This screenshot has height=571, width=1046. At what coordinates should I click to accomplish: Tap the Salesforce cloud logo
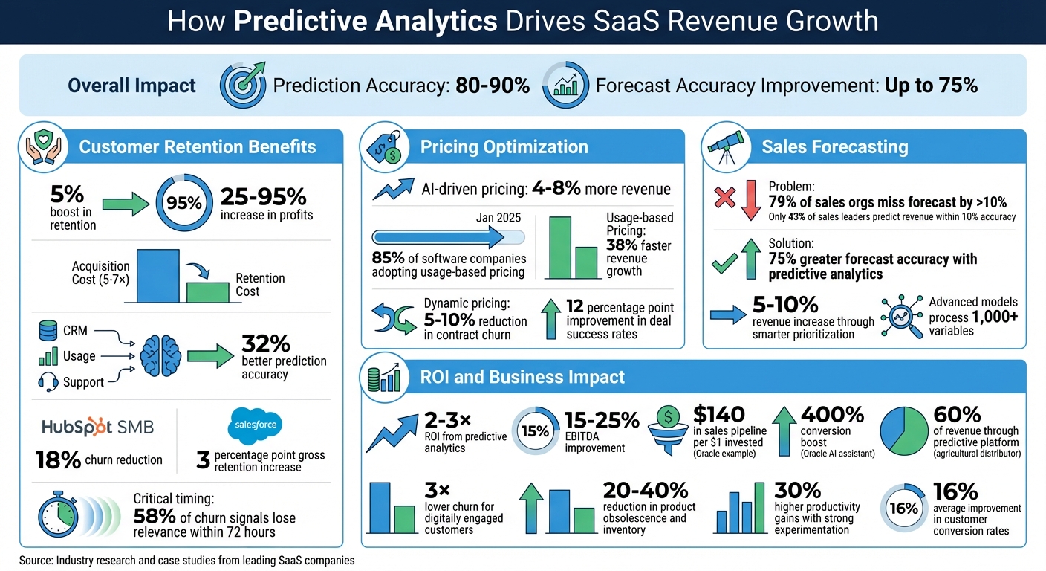coord(255,425)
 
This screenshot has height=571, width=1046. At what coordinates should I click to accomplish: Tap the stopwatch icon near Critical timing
coord(58,514)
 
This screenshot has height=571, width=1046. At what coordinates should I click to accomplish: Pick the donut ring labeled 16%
coord(903,509)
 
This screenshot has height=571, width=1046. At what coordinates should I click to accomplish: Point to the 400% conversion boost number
coord(832,414)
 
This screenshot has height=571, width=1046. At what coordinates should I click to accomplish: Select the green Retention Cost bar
coord(207,292)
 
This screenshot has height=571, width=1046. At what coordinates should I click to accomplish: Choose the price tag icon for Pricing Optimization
coord(384,147)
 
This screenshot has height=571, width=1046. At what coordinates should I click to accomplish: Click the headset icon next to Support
coord(48,382)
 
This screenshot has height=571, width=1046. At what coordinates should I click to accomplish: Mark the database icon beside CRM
coord(48,329)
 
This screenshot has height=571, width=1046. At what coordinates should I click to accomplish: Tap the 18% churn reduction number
coord(58,460)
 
